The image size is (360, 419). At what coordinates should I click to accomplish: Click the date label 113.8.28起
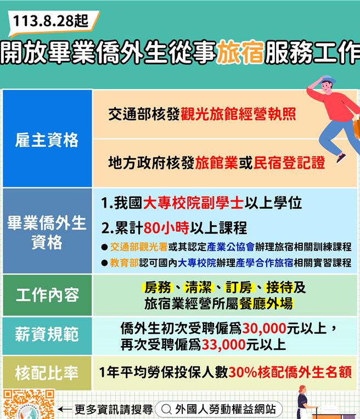[x=50, y=21]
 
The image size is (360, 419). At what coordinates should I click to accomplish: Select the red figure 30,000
[x=265, y=329]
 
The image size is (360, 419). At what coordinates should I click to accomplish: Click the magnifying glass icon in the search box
[x=166, y=410]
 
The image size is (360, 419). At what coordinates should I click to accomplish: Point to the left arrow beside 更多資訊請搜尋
[x=64, y=409]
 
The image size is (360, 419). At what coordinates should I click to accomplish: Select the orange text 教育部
[x=124, y=262]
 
